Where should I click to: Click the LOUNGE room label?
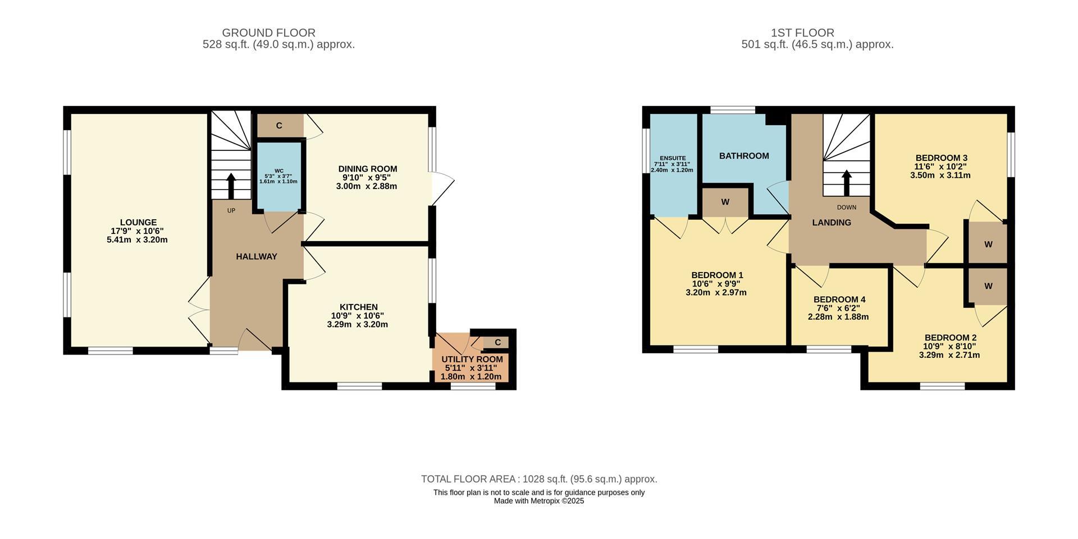[138, 222]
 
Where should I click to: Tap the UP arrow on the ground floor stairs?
[231, 186]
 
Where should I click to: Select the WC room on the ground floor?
[278, 176]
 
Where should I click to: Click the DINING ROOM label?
[367, 169]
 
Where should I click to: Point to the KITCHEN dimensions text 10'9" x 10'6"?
[358, 316]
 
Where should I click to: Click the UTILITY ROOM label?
[472, 360]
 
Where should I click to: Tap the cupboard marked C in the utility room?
[497, 342]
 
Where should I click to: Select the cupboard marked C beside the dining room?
[279, 126]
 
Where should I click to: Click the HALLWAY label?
[257, 256]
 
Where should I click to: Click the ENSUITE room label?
[673, 158]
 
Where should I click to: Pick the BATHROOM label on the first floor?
[744, 156]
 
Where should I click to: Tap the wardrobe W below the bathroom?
[725, 202]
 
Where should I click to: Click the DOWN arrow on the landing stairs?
[846, 183]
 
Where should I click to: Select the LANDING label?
[832, 223]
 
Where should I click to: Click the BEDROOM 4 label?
[839, 300]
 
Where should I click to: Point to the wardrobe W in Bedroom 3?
[988, 244]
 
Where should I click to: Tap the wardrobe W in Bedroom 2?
[988, 286]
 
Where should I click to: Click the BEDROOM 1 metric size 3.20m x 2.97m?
[716, 292]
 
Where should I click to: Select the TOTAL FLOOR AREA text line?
[539, 479]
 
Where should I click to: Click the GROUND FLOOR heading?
[268, 33]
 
